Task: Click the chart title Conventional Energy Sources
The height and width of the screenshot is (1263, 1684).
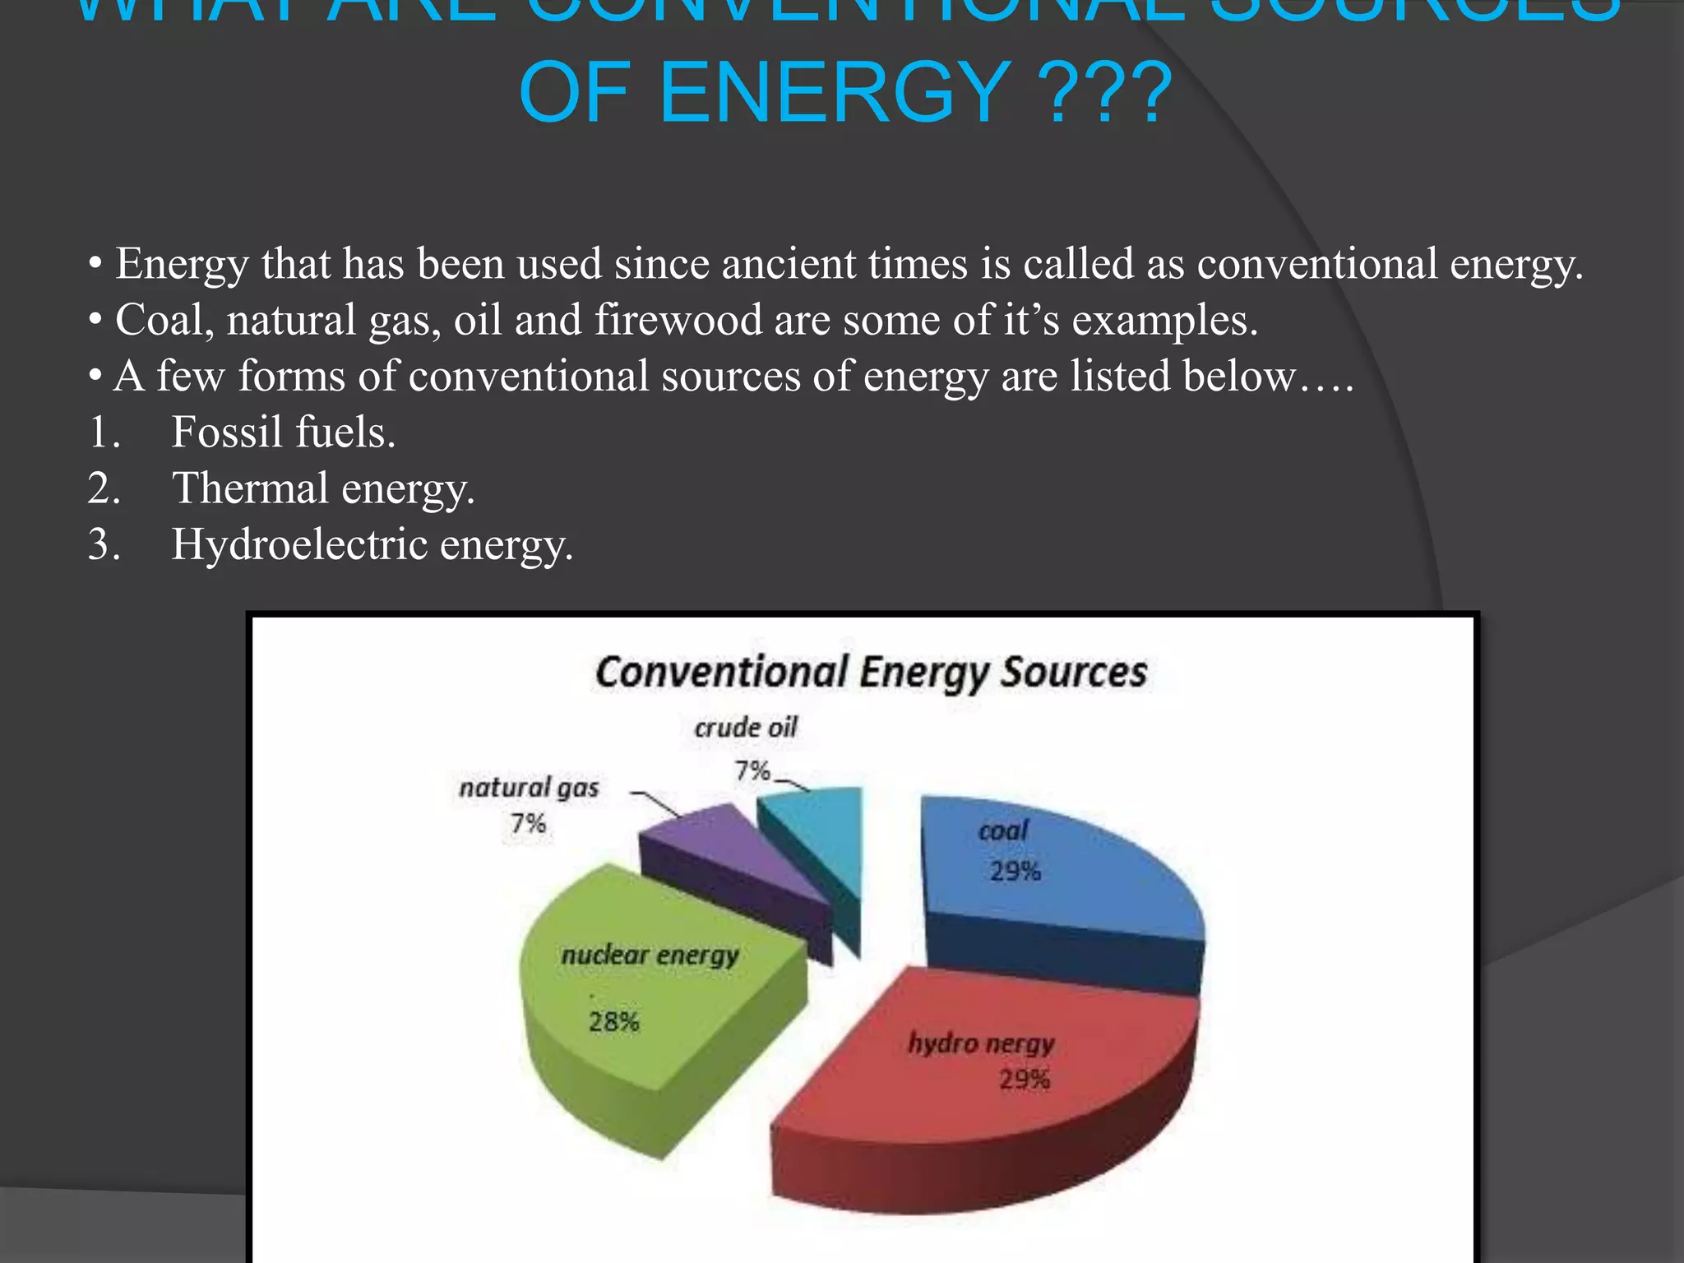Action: [x=871, y=673]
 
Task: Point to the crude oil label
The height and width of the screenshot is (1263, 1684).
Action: [x=746, y=728]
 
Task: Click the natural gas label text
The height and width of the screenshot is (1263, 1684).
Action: [x=529, y=788]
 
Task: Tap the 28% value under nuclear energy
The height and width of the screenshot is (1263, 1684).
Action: [x=613, y=1022]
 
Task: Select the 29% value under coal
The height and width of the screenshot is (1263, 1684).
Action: [x=1015, y=872]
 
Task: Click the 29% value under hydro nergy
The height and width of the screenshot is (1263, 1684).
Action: [x=1025, y=1080]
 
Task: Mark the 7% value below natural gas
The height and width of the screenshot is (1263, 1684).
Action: [x=528, y=823]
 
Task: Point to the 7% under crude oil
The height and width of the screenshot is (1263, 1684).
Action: [x=752, y=771]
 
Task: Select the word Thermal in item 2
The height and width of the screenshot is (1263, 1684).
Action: [x=250, y=488]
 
